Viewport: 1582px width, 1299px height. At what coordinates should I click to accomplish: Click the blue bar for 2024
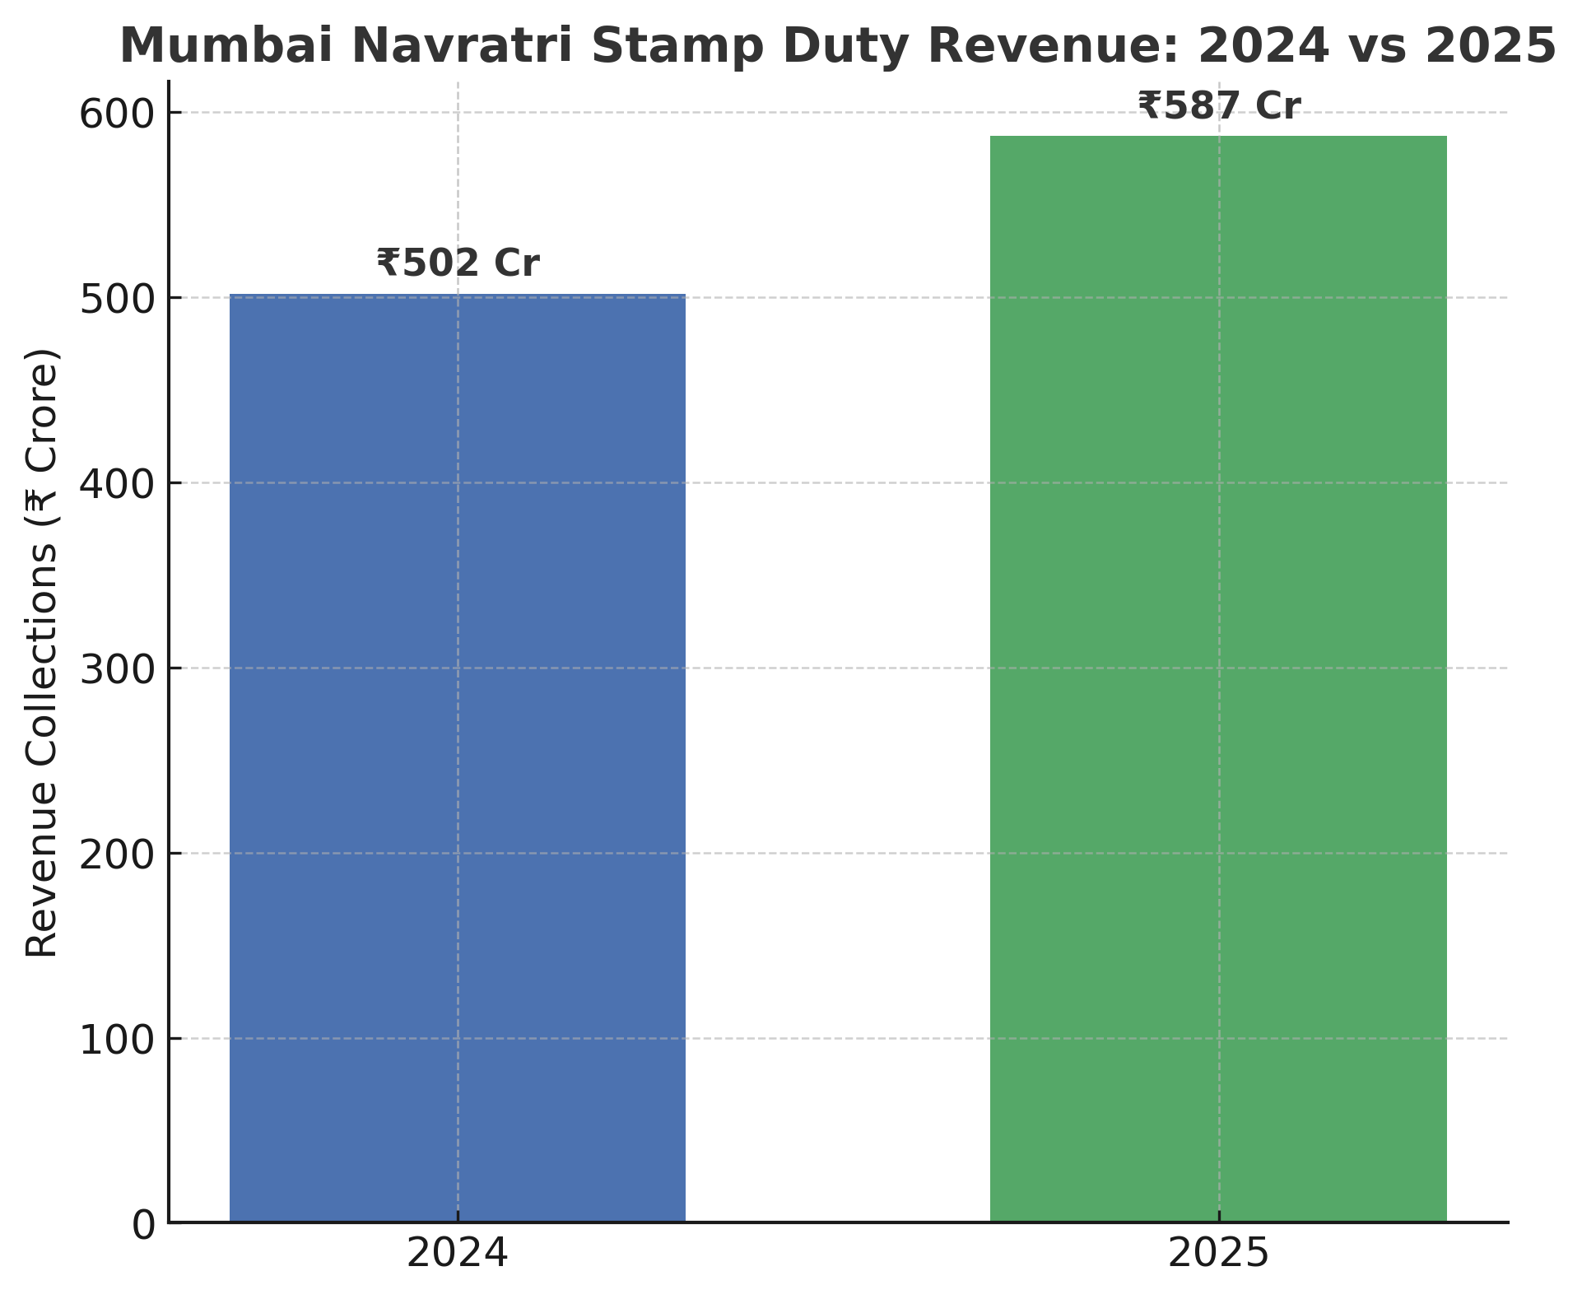457,757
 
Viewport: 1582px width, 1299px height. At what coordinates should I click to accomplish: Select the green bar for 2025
1218,679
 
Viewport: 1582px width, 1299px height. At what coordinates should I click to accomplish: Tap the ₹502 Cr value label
458,263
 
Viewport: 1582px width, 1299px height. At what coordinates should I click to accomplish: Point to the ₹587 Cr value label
1219,106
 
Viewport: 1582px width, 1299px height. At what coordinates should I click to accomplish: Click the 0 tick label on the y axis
144,1226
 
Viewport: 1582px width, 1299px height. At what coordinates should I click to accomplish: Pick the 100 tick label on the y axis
117,1041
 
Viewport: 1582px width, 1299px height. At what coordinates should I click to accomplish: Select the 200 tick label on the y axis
117,855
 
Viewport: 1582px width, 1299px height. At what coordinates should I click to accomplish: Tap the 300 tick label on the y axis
117,670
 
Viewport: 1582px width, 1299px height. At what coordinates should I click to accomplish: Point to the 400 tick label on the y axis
117,485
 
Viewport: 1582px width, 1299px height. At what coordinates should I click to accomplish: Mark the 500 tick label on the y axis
117,300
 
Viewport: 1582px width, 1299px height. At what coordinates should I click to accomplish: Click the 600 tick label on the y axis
117,114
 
